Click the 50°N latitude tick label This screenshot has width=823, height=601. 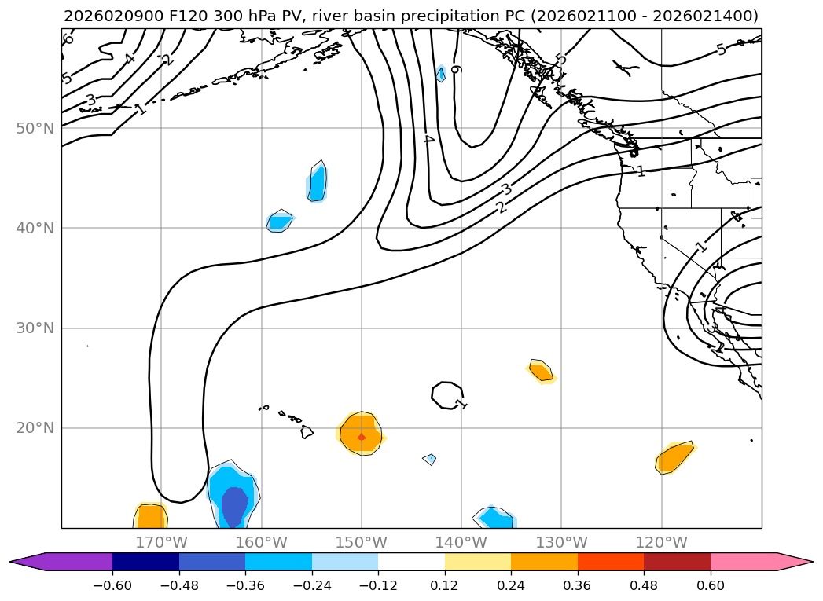35,128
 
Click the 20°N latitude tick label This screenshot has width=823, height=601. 35,428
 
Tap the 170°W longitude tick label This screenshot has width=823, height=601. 161,542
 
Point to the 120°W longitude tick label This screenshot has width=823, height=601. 661,542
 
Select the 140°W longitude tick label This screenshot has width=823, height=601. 461,542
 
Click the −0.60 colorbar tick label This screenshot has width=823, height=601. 112,585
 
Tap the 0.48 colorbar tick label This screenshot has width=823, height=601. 644,585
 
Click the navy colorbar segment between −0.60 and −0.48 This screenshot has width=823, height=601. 145,561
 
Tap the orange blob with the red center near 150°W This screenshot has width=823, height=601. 361,434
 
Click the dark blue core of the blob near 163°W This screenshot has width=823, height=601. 233,506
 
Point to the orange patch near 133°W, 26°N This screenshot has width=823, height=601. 540,371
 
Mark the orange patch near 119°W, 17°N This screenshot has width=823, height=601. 674,457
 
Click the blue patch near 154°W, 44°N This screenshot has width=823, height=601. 317,184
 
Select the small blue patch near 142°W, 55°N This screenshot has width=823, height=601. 441,74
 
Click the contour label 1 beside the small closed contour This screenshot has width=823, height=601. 461,404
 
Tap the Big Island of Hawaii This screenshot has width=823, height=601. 307,431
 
